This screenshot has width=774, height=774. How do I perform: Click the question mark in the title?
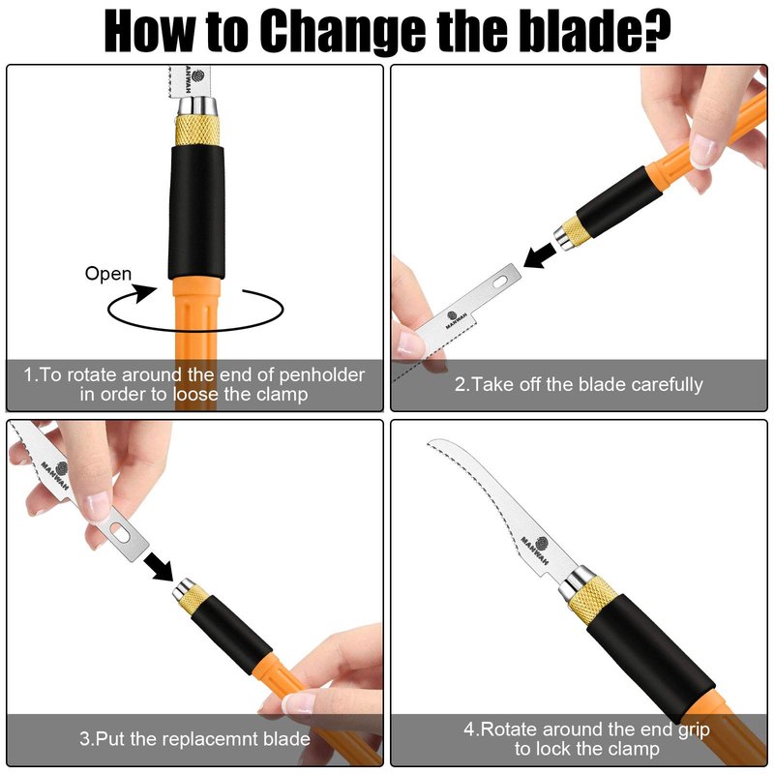(x=652, y=30)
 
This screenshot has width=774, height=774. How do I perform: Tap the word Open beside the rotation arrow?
(x=108, y=274)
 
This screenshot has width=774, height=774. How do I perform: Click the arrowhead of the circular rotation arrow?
(x=144, y=293)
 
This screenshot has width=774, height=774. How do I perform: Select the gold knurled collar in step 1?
(x=197, y=130)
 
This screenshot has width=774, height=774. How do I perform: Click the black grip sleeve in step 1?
(x=196, y=213)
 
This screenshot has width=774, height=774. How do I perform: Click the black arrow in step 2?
(x=540, y=254)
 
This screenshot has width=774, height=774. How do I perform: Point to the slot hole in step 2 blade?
(x=499, y=282)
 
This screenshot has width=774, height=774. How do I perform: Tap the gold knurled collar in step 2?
(x=574, y=230)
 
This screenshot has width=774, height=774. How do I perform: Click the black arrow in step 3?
(x=159, y=566)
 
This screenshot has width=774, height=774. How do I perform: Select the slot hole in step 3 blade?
(x=120, y=530)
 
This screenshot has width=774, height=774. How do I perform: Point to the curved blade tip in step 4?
(x=429, y=443)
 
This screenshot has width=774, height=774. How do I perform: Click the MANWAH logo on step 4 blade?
(x=536, y=548)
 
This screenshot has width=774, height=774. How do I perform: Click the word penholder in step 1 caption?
(x=322, y=375)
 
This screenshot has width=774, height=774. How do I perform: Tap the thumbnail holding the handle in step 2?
(x=702, y=151)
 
